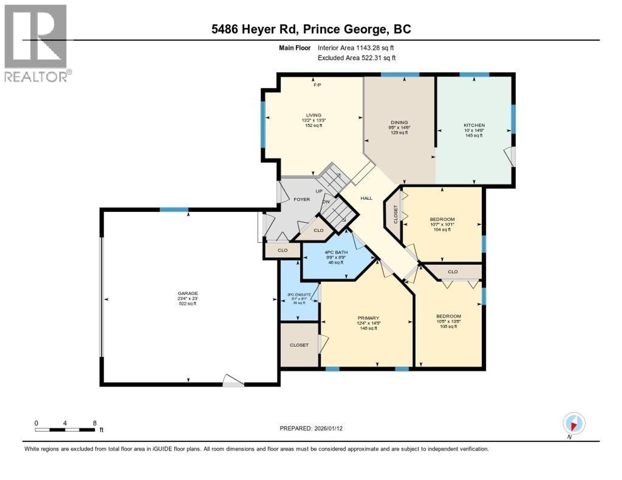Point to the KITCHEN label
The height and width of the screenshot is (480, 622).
point(474,125)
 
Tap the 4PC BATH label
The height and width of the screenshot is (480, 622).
point(336,252)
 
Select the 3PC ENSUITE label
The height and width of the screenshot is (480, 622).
point(299,295)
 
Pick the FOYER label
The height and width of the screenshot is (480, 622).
point(302,199)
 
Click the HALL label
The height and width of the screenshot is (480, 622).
point(366,198)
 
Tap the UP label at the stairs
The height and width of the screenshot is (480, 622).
point(319,191)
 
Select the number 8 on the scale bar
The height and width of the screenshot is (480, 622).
point(95,423)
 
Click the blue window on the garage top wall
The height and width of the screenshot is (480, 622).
point(174,210)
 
